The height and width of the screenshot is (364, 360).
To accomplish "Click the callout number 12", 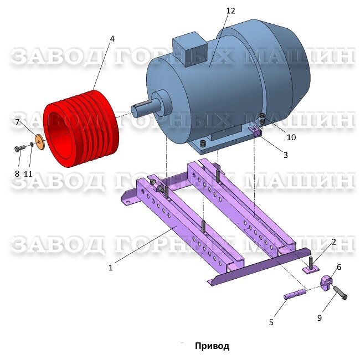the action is click(231, 11).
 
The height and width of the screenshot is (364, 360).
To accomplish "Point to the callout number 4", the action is click(112, 39).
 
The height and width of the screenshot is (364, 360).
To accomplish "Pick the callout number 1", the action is click(110, 268).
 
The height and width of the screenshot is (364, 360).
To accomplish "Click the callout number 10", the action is click(291, 137).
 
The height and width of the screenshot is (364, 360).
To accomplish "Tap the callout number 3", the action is click(285, 155).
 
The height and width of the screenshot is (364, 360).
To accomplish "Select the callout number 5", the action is click(271, 322).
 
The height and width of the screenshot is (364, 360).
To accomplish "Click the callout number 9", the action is click(320, 318).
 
